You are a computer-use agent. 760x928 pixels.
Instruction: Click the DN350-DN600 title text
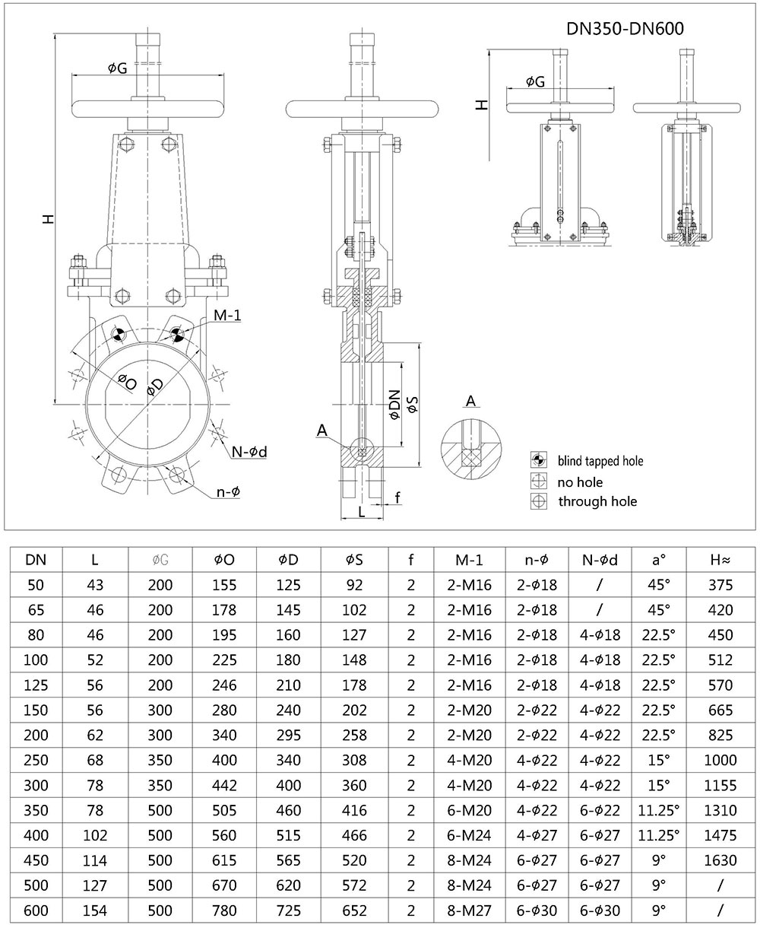point(625,29)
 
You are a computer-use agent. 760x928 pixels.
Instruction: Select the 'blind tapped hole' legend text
point(600,461)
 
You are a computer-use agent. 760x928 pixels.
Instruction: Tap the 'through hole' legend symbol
point(539,501)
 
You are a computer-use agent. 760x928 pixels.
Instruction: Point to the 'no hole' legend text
point(581,481)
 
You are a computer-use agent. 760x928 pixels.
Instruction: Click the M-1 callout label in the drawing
point(226,316)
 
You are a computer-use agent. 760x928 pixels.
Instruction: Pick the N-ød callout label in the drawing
point(249,452)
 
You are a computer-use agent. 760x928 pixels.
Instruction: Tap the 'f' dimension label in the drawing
point(397,498)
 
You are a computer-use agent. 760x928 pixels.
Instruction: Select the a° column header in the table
point(658,561)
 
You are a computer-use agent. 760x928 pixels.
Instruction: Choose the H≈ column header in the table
point(720,561)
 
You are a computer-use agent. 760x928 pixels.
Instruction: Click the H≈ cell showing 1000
point(720,760)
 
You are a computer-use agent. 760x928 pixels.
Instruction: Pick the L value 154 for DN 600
point(94,910)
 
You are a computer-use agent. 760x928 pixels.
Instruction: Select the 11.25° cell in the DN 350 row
point(658,810)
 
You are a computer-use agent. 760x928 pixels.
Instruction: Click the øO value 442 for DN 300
point(224,785)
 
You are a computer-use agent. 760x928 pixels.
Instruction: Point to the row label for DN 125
point(36,685)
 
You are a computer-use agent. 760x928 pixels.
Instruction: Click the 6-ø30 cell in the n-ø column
point(538,910)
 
